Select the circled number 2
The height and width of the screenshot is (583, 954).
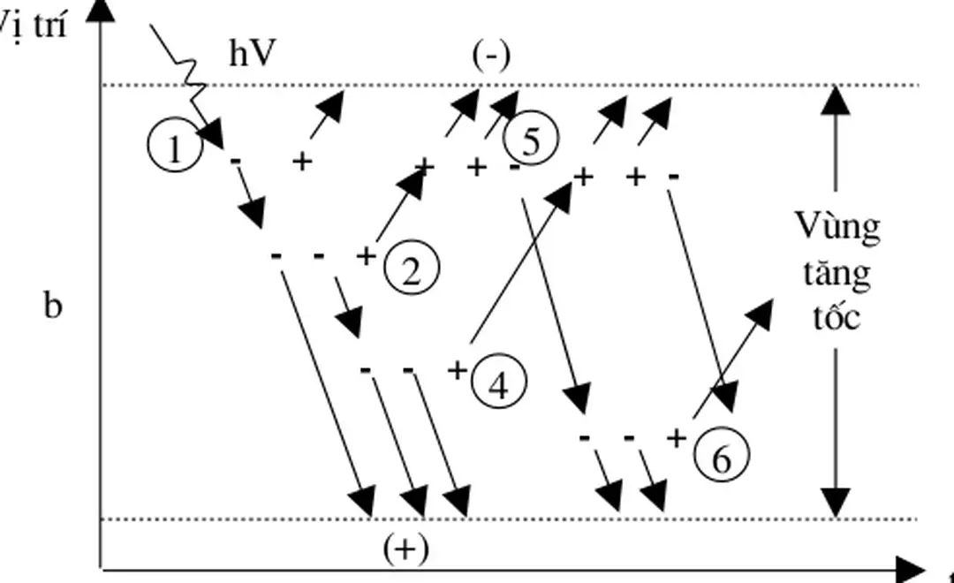click(x=411, y=269)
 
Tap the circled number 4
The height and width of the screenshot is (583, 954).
click(x=499, y=383)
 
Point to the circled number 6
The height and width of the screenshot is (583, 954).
click(x=722, y=458)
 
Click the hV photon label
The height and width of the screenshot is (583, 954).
click(x=254, y=55)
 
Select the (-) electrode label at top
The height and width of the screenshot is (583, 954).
click(x=491, y=56)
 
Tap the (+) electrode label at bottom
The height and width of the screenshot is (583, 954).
click(x=405, y=549)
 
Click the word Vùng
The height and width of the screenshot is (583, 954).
click(x=837, y=228)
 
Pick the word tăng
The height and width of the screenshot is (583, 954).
click(x=837, y=274)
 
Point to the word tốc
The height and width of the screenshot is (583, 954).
click(x=837, y=316)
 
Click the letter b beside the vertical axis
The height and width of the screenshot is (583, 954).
click(x=53, y=307)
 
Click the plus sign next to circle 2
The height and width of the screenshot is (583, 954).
click(x=367, y=256)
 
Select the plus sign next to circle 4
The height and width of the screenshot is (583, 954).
click(x=457, y=369)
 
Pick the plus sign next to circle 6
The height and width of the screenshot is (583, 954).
click(x=678, y=438)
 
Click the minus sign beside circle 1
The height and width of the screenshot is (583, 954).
click(x=235, y=162)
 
